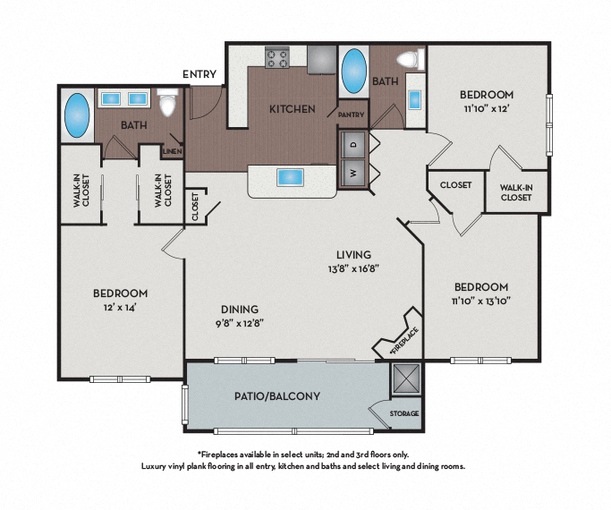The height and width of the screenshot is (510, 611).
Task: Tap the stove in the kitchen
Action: click(x=277, y=59)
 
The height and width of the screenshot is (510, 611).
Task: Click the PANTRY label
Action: click(x=350, y=115)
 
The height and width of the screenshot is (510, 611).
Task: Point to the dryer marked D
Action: click(x=352, y=143)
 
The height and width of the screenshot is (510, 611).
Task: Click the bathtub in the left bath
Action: click(x=75, y=116)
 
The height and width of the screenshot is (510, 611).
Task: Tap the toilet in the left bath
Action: click(x=166, y=104)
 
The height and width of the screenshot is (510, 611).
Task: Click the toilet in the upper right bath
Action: click(x=408, y=59)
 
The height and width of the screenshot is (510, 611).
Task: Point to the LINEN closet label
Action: click(x=173, y=151)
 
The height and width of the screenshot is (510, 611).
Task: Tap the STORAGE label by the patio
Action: click(x=403, y=413)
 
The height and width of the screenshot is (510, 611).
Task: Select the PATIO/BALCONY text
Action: click(x=277, y=395)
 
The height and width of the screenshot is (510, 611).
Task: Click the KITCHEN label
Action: click(x=292, y=109)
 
